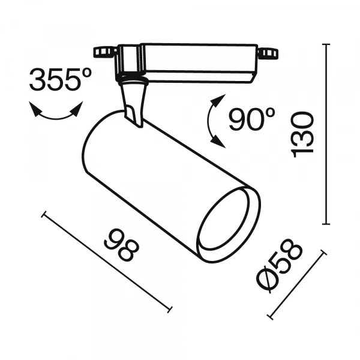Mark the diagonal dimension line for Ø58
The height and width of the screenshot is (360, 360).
tap(296, 286)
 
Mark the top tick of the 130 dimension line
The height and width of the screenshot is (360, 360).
tap(328, 45)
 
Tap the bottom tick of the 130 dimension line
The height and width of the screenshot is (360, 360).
tap(328, 224)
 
